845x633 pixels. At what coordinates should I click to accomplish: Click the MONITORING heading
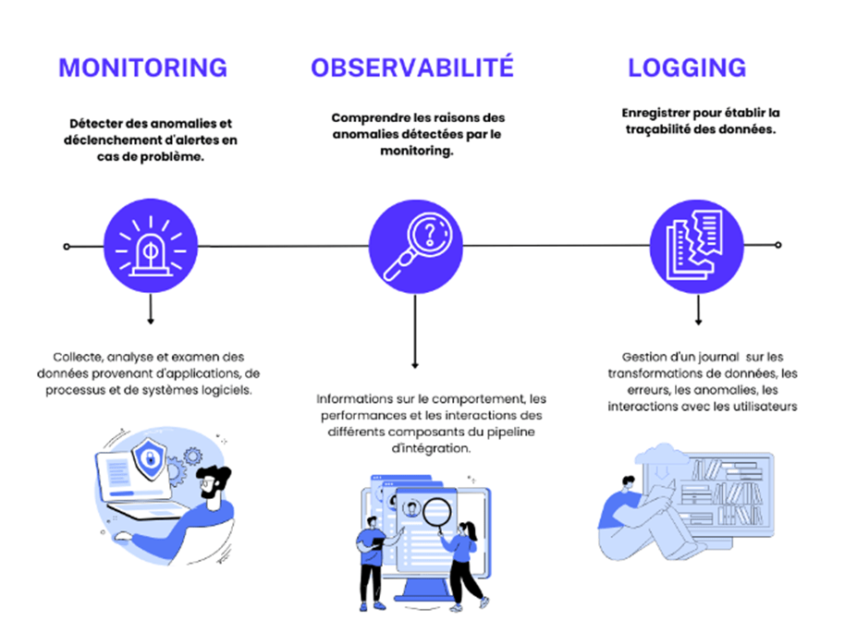click(x=142, y=67)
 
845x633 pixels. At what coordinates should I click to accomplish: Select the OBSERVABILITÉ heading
click(x=411, y=67)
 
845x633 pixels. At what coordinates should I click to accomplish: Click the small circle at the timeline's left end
click(x=67, y=247)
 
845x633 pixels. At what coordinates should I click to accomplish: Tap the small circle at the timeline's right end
click(x=778, y=245)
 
